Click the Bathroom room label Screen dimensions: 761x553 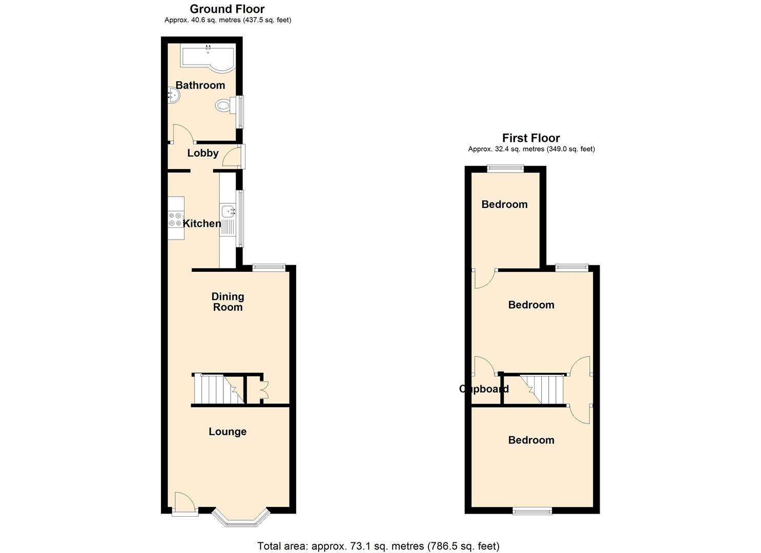(200, 85)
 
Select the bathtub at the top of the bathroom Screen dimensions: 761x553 (208, 58)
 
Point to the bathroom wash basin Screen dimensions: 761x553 (173, 96)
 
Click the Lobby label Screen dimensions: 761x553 (203, 153)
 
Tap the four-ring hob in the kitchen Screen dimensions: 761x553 (175, 219)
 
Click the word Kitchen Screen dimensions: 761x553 (202, 223)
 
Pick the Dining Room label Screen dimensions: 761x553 (228, 302)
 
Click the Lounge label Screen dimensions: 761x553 (228, 432)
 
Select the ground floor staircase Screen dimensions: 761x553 (219, 389)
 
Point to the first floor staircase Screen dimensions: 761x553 (542, 389)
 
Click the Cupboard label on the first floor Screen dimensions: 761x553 (484, 389)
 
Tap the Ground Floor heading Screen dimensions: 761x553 (228, 9)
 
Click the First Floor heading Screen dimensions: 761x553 (531, 138)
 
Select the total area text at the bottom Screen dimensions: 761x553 (379, 546)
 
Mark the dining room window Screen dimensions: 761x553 (269, 268)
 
